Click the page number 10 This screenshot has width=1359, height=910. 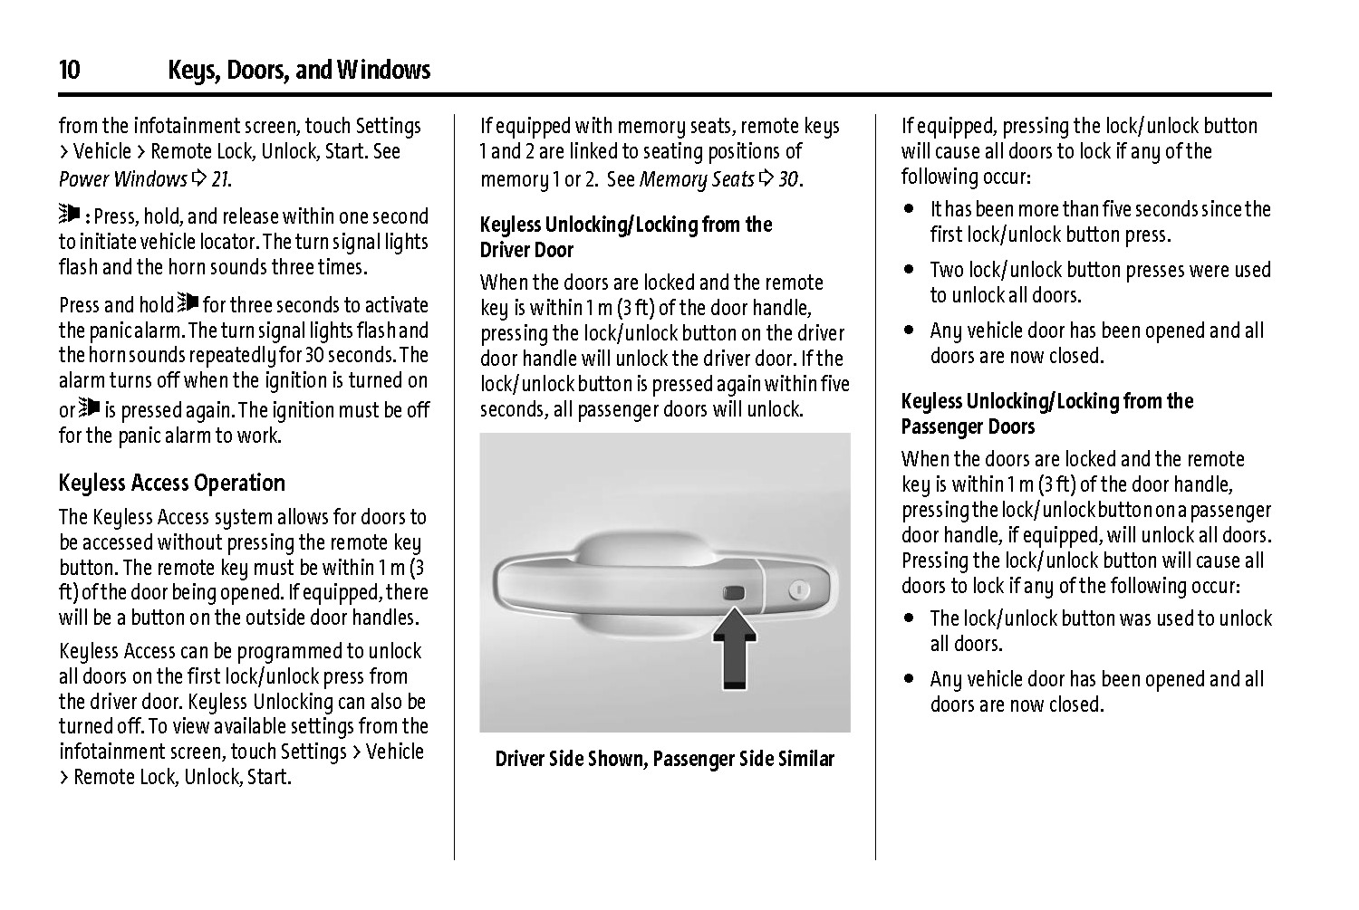tap(69, 71)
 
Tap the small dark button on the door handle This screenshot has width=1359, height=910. tap(733, 593)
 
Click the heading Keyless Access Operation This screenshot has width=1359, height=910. tap(172, 483)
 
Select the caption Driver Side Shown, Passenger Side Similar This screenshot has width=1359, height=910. tap(664, 759)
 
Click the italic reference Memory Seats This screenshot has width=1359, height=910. tap(697, 179)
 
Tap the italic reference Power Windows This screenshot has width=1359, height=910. tap(122, 179)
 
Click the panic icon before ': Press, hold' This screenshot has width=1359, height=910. tap(69, 215)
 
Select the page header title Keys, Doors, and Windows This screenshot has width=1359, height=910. tap(299, 71)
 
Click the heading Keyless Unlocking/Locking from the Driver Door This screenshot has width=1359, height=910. tap(625, 236)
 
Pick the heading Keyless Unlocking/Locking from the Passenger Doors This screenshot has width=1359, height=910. tap(1046, 414)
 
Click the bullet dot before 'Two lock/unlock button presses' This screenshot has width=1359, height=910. tap(909, 270)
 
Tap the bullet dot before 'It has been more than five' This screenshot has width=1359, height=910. tap(909, 209)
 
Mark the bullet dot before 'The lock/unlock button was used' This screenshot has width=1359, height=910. tap(909, 618)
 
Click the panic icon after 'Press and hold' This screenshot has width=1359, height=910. tap(188, 302)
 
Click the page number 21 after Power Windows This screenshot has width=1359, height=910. tap(220, 179)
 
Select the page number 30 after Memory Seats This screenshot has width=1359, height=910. tap(788, 179)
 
